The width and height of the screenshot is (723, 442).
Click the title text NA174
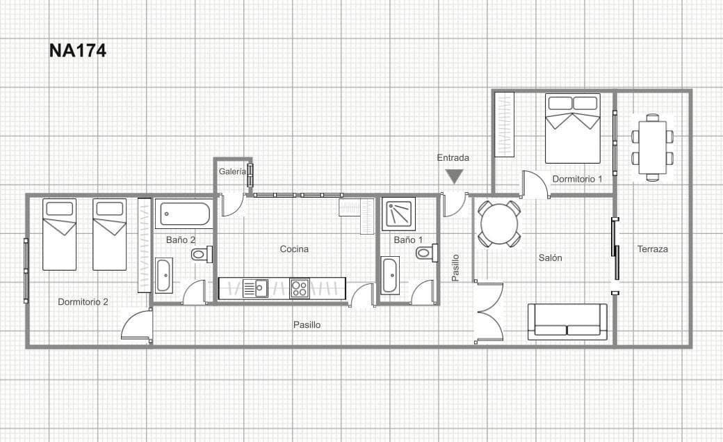(x=77, y=50)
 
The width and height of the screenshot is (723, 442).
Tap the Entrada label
(x=453, y=157)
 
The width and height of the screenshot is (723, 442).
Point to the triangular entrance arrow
(x=455, y=177)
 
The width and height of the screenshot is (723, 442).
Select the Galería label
(x=232, y=171)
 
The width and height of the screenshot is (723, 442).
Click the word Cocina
(x=294, y=248)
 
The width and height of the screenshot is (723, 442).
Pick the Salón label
(x=550, y=258)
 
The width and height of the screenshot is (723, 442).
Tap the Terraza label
(x=652, y=248)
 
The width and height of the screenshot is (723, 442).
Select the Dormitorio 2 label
(x=83, y=301)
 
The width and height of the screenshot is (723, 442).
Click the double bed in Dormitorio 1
(x=572, y=128)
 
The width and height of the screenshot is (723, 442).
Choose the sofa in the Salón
(x=567, y=322)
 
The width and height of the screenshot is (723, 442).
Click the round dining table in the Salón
(x=499, y=224)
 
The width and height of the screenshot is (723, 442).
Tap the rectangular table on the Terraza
(x=652, y=147)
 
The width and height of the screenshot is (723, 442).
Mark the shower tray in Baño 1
(x=399, y=212)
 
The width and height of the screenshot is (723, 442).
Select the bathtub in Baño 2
(x=183, y=214)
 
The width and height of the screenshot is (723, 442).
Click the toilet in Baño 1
(x=426, y=253)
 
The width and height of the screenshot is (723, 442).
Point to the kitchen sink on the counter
(x=255, y=288)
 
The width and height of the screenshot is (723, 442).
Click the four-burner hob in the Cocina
(x=300, y=288)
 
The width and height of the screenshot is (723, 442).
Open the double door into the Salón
(x=489, y=311)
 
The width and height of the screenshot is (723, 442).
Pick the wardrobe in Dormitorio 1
(x=504, y=125)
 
